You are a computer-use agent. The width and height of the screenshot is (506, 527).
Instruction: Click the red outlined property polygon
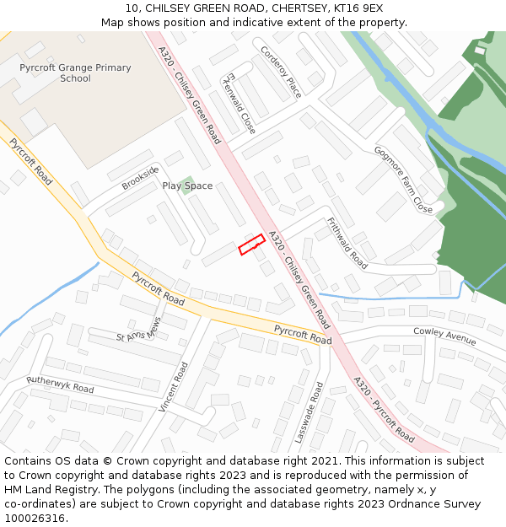pos(251,245)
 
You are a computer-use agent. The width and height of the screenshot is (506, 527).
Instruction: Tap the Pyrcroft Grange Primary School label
pos(76,73)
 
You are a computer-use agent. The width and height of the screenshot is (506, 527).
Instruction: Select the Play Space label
pos(187,186)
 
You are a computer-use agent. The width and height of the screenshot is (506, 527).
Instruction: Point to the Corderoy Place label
pos(281,73)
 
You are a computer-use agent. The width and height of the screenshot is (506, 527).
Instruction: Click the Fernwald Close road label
pos(239,103)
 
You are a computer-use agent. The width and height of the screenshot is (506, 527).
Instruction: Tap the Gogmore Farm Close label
pos(403,180)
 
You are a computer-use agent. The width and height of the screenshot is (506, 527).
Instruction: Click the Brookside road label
pos(140,178)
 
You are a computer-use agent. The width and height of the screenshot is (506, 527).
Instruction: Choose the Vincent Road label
pos(174,387)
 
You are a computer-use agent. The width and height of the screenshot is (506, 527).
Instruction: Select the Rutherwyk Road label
pos(60,384)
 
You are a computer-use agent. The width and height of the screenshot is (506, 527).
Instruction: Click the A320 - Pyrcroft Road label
pos(384,409)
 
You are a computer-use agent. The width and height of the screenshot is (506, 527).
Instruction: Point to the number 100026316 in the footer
pos(35,518)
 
